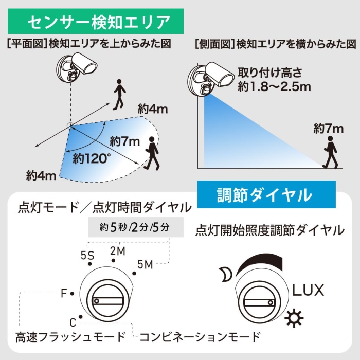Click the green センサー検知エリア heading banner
pyautogui.click(x=96, y=21)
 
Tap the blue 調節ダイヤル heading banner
pyautogui.click(x=266, y=194)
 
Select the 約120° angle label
pyautogui.click(x=92, y=158)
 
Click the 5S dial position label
pyautogui.click(x=87, y=255)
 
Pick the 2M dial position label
pyautogui.click(x=118, y=251)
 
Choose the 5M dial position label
pyautogui.click(x=145, y=265)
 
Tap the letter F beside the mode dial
pyautogui.click(x=64, y=294)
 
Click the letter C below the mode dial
pyautogui.click(x=73, y=322)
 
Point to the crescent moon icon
pyautogui.click(x=225, y=274)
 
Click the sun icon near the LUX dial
pyautogui.click(x=294, y=318)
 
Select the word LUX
pyautogui.click(x=308, y=290)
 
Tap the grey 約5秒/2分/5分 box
pyautogui.click(x=136, y=227)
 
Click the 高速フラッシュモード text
pyautogui.click(x=70, y=337)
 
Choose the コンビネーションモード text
pyautogui.click(x=200, y=337)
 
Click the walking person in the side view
pyautogui.click(x=330, y=152)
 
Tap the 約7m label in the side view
pyautogui.click(x=329, y=128)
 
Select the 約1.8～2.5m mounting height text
pyautogui.click(x=274, y=86)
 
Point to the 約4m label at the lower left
pyautogui.click(x=41, y=176)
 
